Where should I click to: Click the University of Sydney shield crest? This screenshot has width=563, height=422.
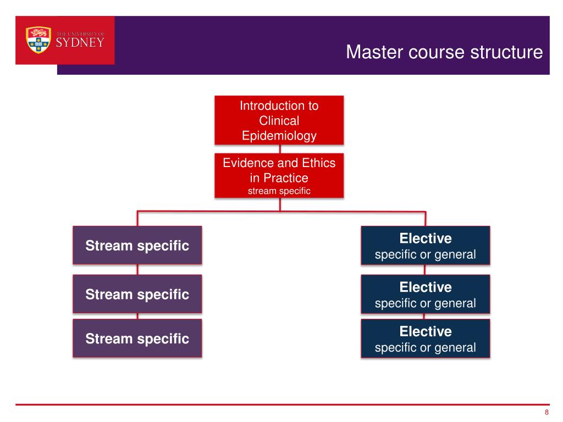pos(38,40)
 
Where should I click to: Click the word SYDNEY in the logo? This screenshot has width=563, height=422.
pos(80,43)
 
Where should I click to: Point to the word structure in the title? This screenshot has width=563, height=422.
pos(506,52)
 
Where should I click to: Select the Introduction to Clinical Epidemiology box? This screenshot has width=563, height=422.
pos(279,120)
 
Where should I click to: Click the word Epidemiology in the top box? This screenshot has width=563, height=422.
pos(279,136)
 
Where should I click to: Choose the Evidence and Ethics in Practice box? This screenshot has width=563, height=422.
pos(279,176)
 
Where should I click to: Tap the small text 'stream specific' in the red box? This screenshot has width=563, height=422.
pos(279,191)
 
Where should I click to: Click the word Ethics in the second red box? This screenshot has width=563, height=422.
pos(318,163)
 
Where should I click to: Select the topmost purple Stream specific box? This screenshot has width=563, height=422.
pos(137,246)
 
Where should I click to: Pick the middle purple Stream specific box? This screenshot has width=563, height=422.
pos(137,295)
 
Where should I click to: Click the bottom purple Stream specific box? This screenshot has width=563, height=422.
pos(137,338)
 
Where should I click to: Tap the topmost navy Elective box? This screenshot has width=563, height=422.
pos(426,246)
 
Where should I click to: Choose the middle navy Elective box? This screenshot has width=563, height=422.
pos(426,295)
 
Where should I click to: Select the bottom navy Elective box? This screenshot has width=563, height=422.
pos(426,338)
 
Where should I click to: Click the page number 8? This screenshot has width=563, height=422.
pos(547,412)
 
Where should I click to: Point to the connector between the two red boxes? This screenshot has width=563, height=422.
pos(280,149)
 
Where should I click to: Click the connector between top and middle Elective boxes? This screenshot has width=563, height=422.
pos(425,270)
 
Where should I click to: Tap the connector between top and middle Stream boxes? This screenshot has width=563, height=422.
pos(137,270)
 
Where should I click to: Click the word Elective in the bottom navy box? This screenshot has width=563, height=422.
pos(426,331)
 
